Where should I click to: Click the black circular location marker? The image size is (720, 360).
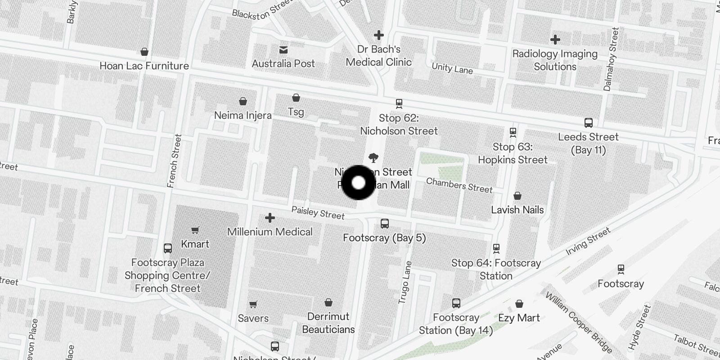[358, 183]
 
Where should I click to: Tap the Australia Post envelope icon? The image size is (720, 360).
[283, 49]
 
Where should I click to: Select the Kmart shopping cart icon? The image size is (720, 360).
[195, 230]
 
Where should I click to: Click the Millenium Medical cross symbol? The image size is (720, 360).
[270, 218]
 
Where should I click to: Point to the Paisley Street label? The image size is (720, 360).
[318, 213]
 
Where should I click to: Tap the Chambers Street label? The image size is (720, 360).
[459, 185]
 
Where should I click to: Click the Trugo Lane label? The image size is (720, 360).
[405, 282]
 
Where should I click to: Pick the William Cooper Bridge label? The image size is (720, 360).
[579, 322]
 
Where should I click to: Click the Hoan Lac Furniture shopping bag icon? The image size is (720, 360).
[144, 52]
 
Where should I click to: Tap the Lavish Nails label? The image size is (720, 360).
[517, 210]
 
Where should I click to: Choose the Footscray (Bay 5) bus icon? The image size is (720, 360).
[385, 224]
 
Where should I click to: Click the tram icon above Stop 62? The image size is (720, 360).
[399, 104]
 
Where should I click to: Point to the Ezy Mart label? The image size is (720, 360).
[519, 318]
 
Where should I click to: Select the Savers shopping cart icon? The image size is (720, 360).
[253, 305]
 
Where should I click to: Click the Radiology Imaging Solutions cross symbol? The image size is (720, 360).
[555, 40]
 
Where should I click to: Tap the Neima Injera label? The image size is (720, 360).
[243, 115]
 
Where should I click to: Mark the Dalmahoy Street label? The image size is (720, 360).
[611, 59]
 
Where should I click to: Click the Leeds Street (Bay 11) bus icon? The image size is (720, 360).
[588, 123]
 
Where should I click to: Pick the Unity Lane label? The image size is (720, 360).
[452, 68]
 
